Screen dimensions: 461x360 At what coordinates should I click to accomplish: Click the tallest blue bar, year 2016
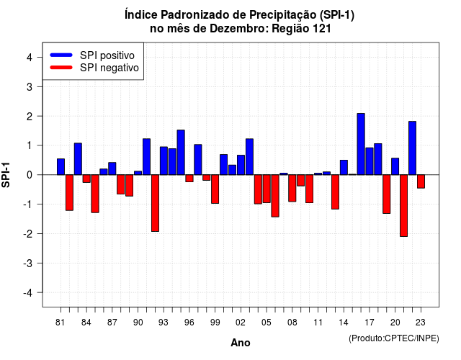[361, 144]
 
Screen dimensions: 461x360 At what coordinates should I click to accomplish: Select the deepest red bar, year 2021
[403, 205]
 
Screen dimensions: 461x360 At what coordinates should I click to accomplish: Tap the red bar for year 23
[421, 181]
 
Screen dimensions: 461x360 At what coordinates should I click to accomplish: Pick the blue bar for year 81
[61, 166]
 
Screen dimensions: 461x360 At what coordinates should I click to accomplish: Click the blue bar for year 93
[164, 161]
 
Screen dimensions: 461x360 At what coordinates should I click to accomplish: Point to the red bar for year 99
[215, 189]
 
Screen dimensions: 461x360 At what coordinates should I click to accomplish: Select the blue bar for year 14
[344, 168]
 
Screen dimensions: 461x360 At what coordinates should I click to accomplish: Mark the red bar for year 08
[292, 188]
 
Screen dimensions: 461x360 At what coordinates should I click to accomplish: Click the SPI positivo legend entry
[92, 55]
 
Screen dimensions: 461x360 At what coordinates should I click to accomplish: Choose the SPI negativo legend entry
[94, 68]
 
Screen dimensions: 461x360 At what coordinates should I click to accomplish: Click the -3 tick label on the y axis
[27, 264]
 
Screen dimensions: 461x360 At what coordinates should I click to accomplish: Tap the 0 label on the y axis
[30, 175]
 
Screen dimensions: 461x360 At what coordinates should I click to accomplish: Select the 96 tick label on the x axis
[189, 323]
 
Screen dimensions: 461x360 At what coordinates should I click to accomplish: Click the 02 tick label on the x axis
[241, 323]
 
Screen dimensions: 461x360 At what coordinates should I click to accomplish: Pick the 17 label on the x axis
[370, 323]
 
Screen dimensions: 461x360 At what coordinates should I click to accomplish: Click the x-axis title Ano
[241, 343]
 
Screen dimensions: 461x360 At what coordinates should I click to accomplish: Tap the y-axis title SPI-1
[6, 175]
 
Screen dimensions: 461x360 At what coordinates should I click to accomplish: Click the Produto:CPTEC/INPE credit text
[394, 338]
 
